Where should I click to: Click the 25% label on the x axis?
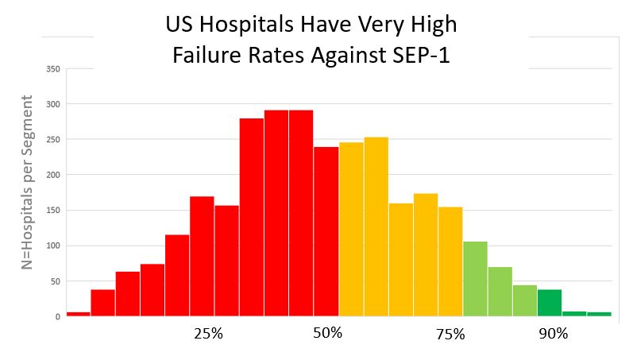208,334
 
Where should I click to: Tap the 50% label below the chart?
326,333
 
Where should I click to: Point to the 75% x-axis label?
450,335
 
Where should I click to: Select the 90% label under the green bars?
553,334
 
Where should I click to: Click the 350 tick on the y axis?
54,69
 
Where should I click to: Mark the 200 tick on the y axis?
54,175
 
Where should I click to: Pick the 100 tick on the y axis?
54,246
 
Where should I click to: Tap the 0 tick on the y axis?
57,316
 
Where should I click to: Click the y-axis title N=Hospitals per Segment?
28,183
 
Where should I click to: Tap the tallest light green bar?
475,279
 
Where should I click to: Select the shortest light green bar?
524,300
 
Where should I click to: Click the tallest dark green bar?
549,303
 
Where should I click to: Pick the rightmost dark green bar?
599,314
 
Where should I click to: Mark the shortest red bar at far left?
78,313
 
